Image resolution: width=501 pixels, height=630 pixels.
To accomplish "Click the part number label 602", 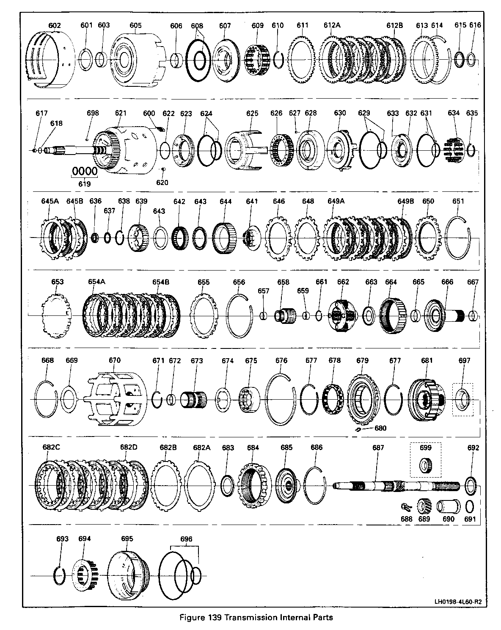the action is click(55, 25).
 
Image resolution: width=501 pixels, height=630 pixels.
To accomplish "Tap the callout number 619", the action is click(85, 184).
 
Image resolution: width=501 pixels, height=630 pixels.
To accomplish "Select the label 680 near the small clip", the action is click(380, 428).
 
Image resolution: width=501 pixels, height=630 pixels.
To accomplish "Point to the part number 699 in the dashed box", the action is click(426, 448).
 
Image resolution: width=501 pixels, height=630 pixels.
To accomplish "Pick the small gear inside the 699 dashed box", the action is click(426, 465).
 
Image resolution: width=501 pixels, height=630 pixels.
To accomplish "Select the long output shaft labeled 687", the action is click(396, 486).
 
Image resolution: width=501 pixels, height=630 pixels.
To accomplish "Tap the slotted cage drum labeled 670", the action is click(115, 399).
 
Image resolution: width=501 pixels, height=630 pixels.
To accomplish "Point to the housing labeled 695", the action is click(128, 575).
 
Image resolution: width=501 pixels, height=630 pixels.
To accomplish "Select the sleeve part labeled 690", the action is click(448, 506).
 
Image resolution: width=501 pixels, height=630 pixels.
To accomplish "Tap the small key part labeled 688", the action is click(406, 506).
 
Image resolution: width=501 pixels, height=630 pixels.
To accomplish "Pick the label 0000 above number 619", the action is click(85, 171).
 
